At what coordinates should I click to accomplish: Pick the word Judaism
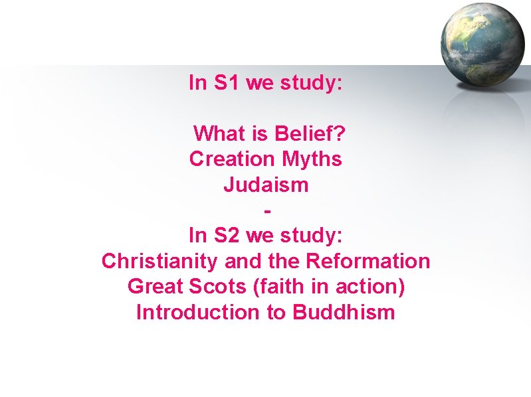266,185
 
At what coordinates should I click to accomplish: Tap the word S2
227,236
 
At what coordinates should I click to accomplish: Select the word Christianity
159,262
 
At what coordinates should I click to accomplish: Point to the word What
219,134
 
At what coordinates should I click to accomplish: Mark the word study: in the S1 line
312,83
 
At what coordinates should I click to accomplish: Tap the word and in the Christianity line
242,262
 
